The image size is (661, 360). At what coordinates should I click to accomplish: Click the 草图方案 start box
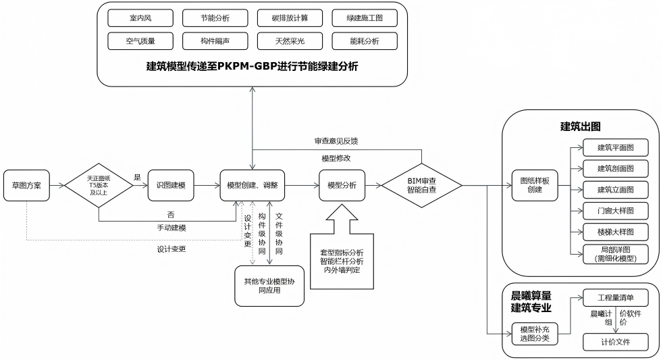coord(27,184)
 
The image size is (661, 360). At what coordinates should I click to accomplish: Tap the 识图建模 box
coord(171,184)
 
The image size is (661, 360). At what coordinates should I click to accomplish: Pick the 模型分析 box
coord(342,184)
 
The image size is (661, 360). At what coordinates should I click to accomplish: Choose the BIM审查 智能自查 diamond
coord(423,184)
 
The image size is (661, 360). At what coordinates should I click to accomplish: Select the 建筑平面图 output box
coord(615,147)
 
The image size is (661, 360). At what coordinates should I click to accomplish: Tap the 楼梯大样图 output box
coord(615,232)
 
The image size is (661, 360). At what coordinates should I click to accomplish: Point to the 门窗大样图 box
coord(615,211)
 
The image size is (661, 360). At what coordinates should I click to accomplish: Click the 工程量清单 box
coord(615,298)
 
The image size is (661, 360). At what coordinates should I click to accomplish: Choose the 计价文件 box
coord(615,342)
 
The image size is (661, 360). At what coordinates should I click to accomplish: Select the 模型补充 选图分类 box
coord(535,334)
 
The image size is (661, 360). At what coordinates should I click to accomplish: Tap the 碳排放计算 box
coord(290,18)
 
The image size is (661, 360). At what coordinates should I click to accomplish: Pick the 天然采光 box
coord(290,41)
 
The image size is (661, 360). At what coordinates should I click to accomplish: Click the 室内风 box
coord(140,18)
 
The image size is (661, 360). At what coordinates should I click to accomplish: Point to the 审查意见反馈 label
coord(336,142)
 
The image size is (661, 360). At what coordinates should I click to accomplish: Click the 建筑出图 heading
coord(580,126)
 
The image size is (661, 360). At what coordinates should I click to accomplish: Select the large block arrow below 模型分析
coord(341,223)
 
